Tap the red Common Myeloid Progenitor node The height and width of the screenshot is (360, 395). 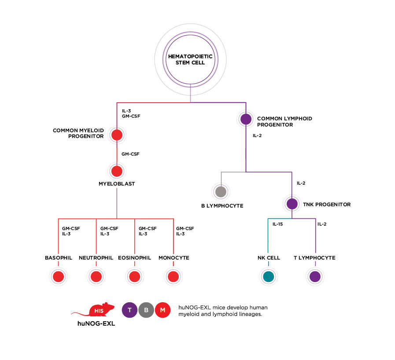pyautogui.click(x=117, y=135)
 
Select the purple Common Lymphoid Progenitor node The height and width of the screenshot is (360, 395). pyautogui.click(x=246, y=119)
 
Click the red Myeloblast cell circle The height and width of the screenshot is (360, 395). pyautogui.click(x=117, y=171)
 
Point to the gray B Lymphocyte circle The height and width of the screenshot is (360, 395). pyautogui.click(x=221, y=192)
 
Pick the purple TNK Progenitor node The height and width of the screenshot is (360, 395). pyautogui.click(x=292, y=204)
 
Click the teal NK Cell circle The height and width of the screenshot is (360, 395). pyautogui.click(x=268, y=277)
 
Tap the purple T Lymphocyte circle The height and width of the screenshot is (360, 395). pyautogui.click(x=315, y=277)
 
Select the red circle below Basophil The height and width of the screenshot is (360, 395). pyautogui.click(x=58, y=277)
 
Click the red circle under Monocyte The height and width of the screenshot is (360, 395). pyautogui.click(x=173, y=277)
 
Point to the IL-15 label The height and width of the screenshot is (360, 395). pyautogui.click(x=277, y=224)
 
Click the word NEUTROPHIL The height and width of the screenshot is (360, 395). pyautogui.click(x=96, y=258)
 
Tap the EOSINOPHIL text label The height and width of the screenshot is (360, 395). pyautogui.click(x=134, y=258)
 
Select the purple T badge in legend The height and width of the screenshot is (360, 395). pyautogui.click(x=129, y=310)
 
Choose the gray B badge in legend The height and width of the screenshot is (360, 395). pyautogui.click(x=146, y=310)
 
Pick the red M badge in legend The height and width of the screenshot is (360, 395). pyautogui.click(x=162, y=310)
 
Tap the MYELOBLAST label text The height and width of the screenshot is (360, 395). pyautogui.click(x=117, y=184)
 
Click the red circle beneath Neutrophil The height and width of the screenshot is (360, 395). pyautogui.click(x=96, y=277)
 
